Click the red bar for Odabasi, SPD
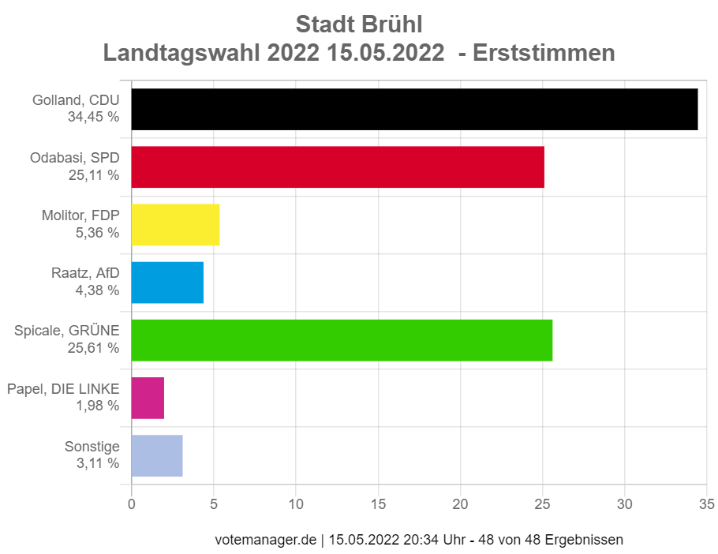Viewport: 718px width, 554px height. pos(337,167)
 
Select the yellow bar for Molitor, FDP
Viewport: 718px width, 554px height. pos(175,225)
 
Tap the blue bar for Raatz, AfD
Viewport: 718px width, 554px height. pos(167,283)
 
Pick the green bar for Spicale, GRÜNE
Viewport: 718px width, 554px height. pos(342,340)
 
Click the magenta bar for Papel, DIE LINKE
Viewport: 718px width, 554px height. pos(148,398)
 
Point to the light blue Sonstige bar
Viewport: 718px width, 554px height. pos(157,455)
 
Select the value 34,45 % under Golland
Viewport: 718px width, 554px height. pos(93,117)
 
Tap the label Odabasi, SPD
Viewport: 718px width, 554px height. pos(75,159)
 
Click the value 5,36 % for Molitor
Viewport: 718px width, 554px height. pos(97,232)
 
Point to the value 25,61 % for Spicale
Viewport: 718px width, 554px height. pos(93,347)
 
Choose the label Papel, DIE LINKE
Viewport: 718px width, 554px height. pos(62,389)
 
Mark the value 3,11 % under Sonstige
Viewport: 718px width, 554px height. pos(97,463)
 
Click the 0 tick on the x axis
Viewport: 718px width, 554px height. pos(131,503)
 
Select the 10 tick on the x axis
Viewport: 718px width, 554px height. pos(296,503)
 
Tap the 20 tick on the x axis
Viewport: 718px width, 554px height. pos(460,503)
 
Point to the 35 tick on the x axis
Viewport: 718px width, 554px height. pos(707,503)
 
